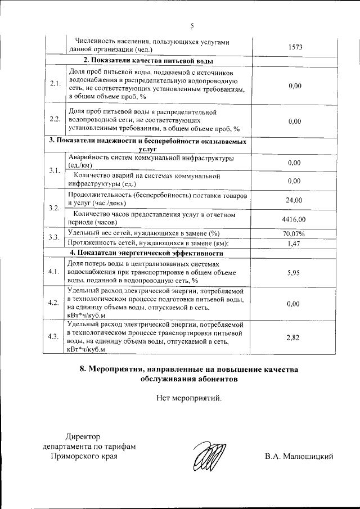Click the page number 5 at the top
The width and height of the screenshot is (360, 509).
point(191,25)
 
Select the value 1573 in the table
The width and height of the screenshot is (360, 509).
point(295,47)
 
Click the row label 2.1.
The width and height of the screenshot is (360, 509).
point(55,84)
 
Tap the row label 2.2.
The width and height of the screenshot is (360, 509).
point(55,119)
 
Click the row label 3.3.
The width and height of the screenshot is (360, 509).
point(55,237)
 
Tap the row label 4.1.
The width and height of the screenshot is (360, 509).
point(55,272)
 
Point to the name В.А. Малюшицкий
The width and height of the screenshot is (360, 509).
point(299,456)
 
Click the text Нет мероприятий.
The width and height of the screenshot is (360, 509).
point(189,399)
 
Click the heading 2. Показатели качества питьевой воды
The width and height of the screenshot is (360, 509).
point(148,60)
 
